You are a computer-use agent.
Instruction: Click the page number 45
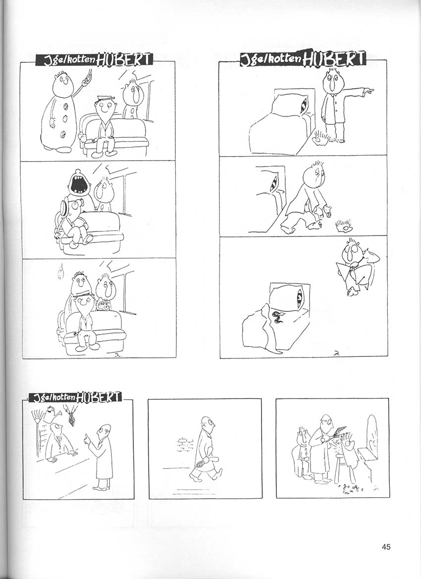(x=386, y=546)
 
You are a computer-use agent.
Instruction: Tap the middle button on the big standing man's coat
(x=65, y=119)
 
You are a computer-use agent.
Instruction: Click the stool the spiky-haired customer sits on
(x=343, y=468)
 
